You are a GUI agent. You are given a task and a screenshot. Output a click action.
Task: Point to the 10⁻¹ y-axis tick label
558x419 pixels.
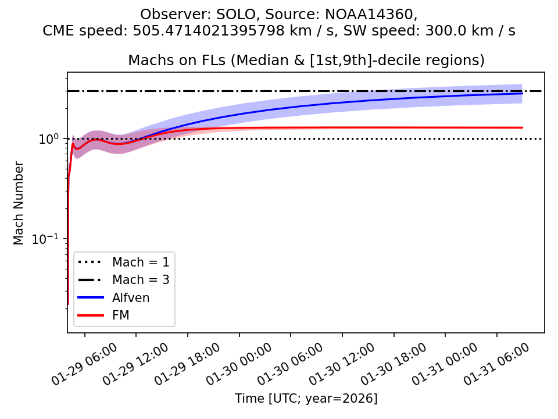point(51,239)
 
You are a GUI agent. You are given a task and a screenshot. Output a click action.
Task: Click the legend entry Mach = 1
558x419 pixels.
point(141,262)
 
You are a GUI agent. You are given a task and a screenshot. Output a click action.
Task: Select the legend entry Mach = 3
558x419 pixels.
point(141,280)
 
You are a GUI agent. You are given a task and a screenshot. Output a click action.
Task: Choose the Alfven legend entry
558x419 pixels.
point(131,298)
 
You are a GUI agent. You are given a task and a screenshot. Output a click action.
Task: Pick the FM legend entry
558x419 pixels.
point(121,315)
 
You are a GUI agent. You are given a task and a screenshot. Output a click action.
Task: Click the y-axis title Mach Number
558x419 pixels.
point(19,203)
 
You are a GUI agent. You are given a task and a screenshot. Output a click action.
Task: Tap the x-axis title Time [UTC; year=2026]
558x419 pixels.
point(306,399)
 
